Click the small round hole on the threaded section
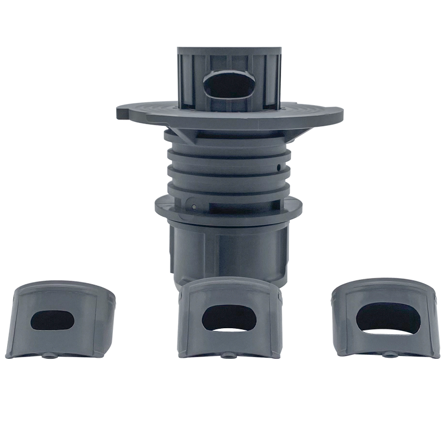tap(278, 165)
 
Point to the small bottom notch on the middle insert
tap(226, 353)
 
